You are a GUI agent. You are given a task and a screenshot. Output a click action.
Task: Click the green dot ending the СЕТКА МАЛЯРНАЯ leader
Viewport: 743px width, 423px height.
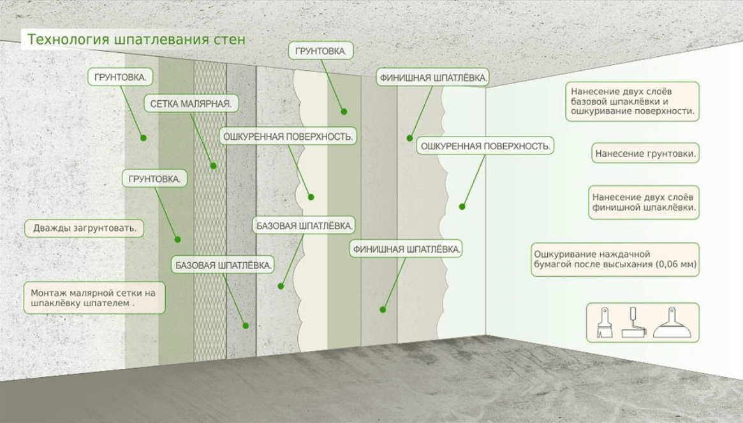coord(214,166)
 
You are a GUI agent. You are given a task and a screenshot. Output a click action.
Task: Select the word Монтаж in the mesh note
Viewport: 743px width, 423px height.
coord(48,293)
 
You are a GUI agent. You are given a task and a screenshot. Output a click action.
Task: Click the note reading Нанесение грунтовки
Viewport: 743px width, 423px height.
coord(644,154)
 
